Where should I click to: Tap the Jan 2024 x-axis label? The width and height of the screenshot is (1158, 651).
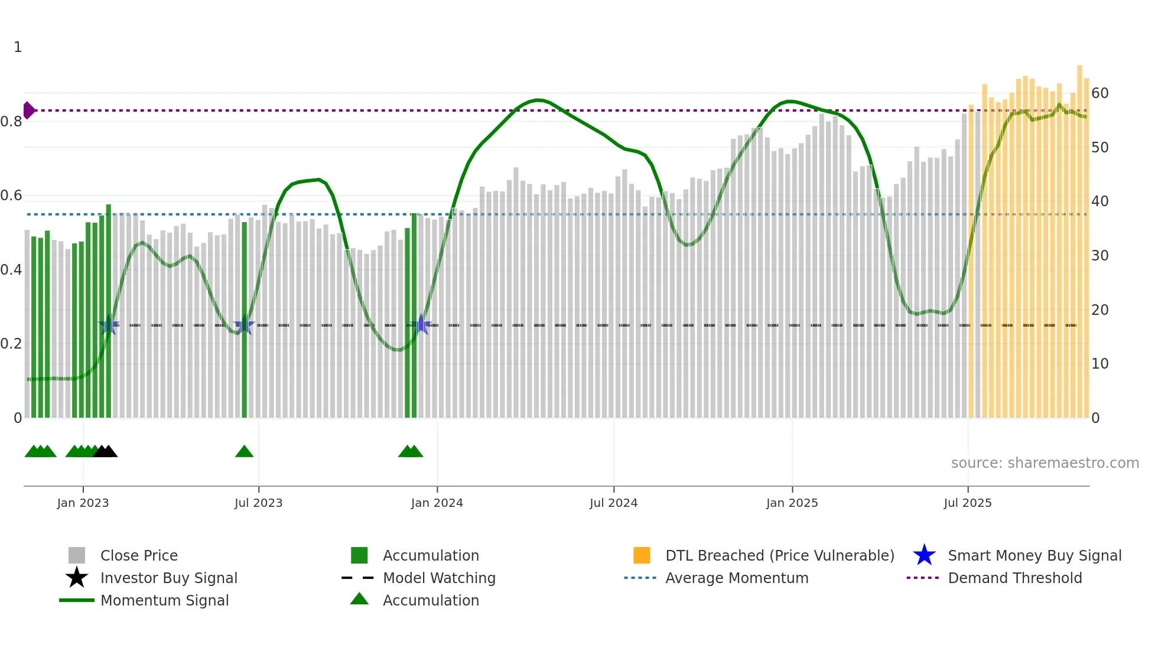[437, 503]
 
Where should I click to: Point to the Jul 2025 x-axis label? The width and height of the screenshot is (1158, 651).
[967, 503]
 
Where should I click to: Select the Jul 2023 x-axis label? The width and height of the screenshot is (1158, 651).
[258, 503]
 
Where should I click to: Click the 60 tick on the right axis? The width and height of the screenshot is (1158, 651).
[1100, 93]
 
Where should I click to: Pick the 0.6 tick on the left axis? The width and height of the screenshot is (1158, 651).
[11, 196]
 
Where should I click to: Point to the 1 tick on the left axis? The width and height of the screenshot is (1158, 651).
[18, 47]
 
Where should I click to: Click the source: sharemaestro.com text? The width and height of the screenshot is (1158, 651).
[1045, 463]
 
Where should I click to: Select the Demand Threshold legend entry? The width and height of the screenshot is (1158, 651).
[1014, 578]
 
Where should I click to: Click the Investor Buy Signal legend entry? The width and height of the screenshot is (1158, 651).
[168, 578]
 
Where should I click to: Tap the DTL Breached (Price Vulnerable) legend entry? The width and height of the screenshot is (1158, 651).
[779, 555]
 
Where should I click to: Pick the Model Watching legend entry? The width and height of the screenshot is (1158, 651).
[438, 578]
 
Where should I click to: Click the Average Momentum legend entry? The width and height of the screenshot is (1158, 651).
[736, 578]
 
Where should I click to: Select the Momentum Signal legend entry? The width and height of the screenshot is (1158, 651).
[164, 600]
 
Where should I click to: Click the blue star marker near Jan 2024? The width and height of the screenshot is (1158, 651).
[421, 324]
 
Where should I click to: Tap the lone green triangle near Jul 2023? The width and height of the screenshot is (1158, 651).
[244, 452]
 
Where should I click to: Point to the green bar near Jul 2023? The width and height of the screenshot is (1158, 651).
[245, 319]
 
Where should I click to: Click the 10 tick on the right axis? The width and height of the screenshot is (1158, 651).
[1100, 364]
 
